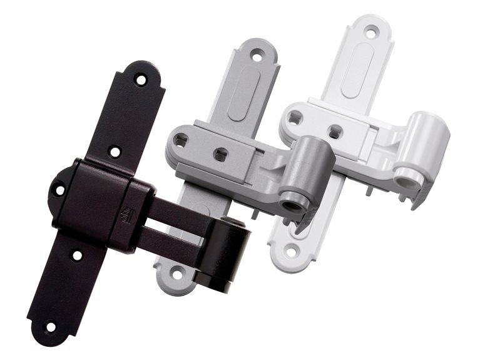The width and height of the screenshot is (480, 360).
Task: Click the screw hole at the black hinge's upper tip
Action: point(141,80)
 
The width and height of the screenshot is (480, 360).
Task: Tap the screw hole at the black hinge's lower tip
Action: point(51,326)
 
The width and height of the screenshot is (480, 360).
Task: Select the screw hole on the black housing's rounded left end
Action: point(59,190)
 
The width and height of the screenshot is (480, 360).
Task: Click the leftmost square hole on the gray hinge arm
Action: point(181,138)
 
